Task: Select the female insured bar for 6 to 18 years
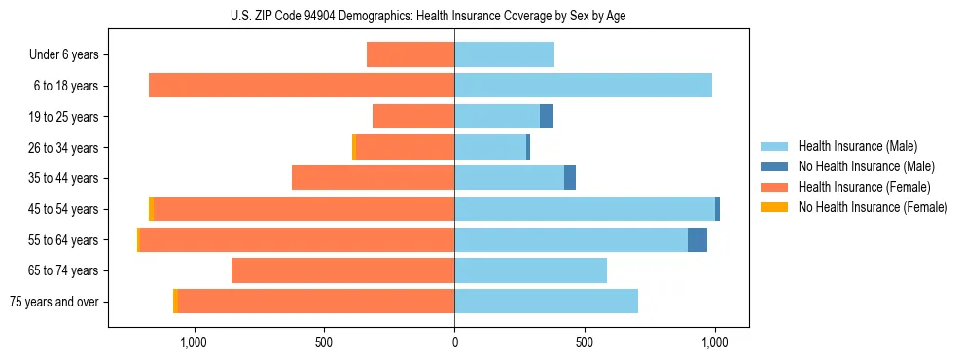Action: click(x=302, y=86)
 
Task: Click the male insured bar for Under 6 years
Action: click(x=504, y=54)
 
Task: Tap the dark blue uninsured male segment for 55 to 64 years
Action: click(x=697, y=240)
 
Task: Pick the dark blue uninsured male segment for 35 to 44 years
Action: click(x=570, y=178)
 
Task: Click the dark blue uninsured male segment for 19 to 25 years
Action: click(x=546, y=117)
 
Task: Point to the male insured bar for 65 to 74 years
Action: click(x=530, y=270)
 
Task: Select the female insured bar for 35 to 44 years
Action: click(x=373, y=178)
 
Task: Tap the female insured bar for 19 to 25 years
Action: click(x=413, y=117)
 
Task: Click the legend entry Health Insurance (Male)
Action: click(x=857, y=146)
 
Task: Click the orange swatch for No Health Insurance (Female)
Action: click(x=774, y=207)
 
